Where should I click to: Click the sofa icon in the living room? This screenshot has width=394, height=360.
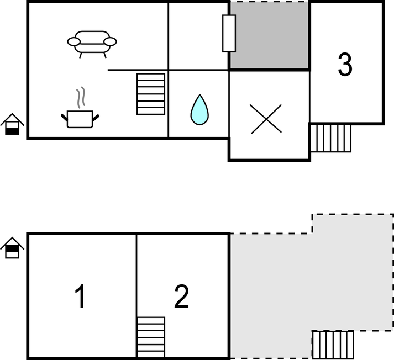[92, 44]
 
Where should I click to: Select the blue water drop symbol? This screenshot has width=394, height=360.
[199, 110]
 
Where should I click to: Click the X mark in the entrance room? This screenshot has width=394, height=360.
[266, 119]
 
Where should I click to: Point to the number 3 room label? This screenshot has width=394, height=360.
[345, 64]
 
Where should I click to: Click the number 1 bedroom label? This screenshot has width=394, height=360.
[81, 297]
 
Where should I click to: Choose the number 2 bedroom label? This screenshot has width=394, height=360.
[181, 297]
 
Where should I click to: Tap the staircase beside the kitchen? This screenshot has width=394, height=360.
[151, 94]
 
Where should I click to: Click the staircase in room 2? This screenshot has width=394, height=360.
[151, 337]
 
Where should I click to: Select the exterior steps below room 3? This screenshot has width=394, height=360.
[330, 138]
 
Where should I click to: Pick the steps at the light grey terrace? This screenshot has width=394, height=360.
[333, 345]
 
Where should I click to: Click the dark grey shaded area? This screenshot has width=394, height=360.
[269, 35]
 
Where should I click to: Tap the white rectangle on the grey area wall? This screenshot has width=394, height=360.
[229, 33]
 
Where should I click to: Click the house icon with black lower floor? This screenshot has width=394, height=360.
[12, 124]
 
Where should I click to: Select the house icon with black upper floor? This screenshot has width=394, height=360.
[12, 248]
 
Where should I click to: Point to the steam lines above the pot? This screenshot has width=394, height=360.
[81, 98]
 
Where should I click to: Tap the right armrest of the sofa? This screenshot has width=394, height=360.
[110, 41]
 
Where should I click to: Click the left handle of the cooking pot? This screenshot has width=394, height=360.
[64, 117]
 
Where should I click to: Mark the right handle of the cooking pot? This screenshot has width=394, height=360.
[96, 117]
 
